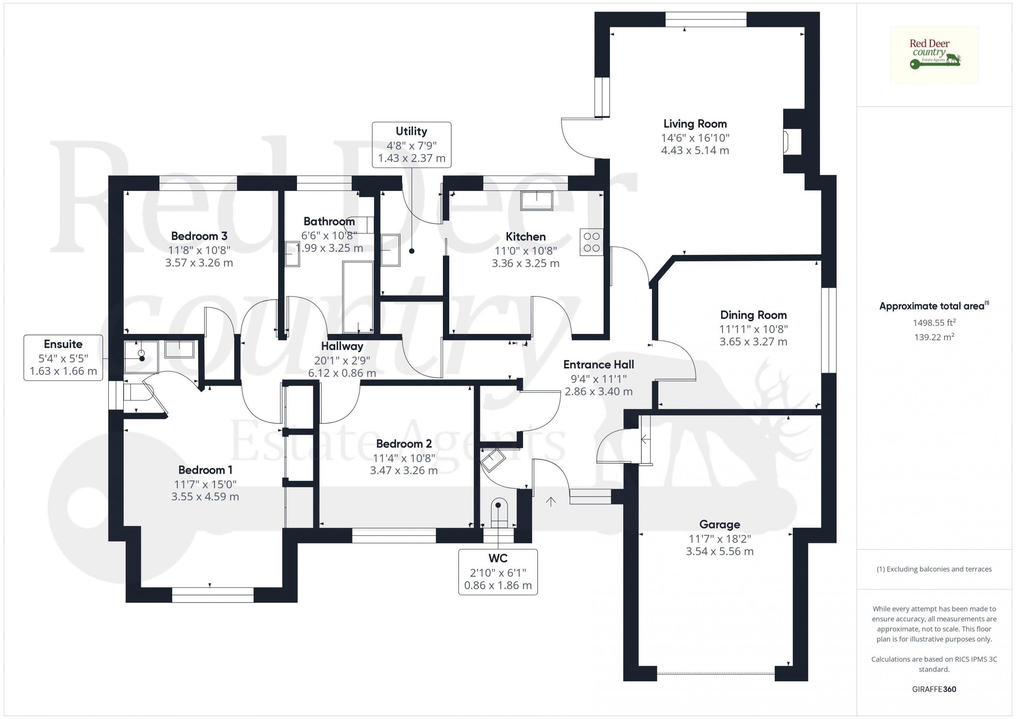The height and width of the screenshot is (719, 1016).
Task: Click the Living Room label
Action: click(695, 124)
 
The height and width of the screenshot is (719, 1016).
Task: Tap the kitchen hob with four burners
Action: click(592, 242)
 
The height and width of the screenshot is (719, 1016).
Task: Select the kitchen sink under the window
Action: click(536, 200)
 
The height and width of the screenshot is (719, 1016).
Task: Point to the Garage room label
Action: click(720, 524)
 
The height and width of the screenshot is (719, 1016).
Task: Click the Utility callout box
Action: click(412, 145)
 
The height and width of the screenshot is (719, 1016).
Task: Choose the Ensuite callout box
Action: click(63, 358)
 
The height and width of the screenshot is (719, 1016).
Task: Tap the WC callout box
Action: click(498, 572)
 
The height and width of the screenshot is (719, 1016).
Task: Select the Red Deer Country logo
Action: click(934, 55)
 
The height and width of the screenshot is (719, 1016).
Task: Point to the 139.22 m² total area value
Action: click(934, 337)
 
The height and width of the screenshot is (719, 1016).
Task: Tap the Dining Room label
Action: click(753, 315)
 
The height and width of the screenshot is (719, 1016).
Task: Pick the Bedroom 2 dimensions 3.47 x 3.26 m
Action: click(404, 470)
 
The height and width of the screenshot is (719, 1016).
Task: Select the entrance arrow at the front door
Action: click(550, 501)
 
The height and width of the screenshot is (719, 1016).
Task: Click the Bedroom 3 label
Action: click(199, 236)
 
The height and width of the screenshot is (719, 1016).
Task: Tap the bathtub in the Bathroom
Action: click(358, 297)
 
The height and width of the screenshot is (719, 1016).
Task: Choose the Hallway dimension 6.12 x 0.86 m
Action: click(342, 373)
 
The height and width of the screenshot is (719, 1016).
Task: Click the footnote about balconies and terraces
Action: click(934, 569)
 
